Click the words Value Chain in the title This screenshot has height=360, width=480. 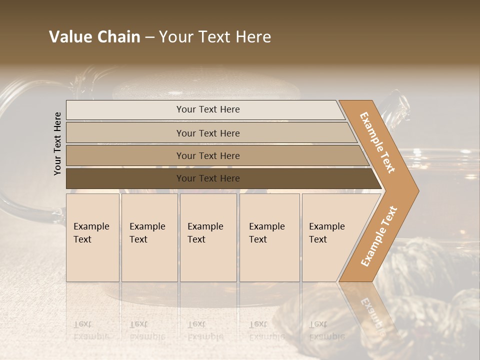94,37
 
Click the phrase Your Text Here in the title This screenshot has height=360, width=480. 215,37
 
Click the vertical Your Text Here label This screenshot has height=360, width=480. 57,143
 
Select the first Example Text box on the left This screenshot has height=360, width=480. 92,237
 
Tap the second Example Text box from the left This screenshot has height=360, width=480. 149,237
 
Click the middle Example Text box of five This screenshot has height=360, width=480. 208,237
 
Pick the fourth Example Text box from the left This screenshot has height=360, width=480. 269,237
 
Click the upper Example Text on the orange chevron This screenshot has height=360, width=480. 377,142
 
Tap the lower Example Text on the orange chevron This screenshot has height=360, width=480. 379,236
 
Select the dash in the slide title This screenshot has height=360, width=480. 149,37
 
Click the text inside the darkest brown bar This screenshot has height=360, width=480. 208,178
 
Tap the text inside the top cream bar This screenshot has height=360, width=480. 208,109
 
